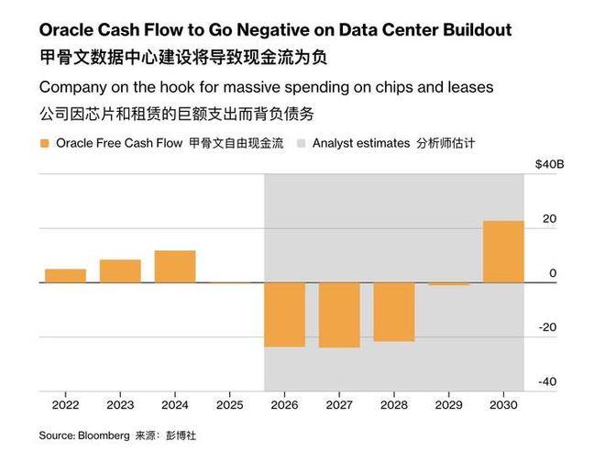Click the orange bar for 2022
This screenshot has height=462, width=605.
coord(65,275)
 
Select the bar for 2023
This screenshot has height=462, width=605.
coord(120,270)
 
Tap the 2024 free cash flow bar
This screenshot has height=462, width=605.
coord(175,266)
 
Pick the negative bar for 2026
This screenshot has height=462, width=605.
coord(285,314)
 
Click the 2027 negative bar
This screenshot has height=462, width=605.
coord(339,314)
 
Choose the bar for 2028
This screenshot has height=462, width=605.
coord(394,312)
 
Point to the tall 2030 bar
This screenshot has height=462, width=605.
coord(503,251)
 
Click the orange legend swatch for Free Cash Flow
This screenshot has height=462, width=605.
coord(45,144)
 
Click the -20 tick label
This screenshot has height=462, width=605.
coord(547,327)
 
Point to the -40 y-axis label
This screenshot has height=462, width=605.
coord(547,381)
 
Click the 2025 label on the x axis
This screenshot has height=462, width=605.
coord(229,403)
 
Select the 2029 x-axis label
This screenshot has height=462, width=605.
coord(449,403)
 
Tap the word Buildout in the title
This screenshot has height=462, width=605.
coord(475,30)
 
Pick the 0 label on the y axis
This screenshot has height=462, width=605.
coord(552,273)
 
